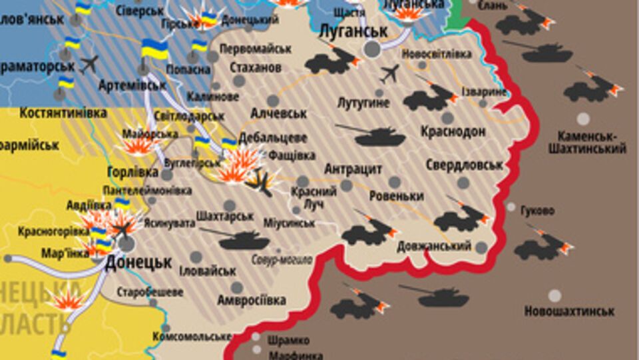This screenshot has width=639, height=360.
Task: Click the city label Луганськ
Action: [353, 31]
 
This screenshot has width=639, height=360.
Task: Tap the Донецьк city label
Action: [139, 262]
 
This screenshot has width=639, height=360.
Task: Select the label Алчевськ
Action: [279, 114]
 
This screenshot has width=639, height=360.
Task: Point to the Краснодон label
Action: [453, 131]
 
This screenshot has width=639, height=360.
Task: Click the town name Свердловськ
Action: [463, 165]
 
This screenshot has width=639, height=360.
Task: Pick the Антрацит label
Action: [353, 169]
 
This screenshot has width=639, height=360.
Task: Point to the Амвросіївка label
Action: [252, 299]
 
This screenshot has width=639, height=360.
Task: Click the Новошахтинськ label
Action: [569, 311]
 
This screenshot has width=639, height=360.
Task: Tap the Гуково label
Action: [538, 211]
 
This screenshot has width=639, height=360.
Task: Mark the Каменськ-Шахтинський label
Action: [587, 143]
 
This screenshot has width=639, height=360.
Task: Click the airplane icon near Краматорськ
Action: [89, 64]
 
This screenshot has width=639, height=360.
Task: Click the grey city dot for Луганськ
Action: [372, 49]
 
